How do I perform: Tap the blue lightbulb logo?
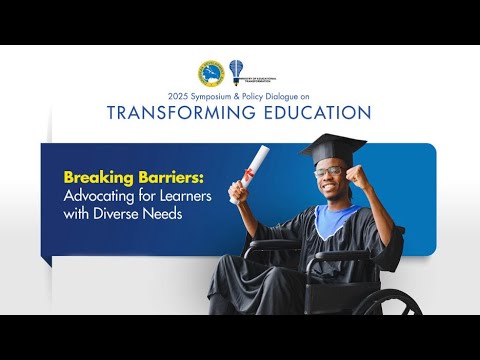[236, 70]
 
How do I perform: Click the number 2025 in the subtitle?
[178, 96]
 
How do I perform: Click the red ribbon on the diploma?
[245, 184]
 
